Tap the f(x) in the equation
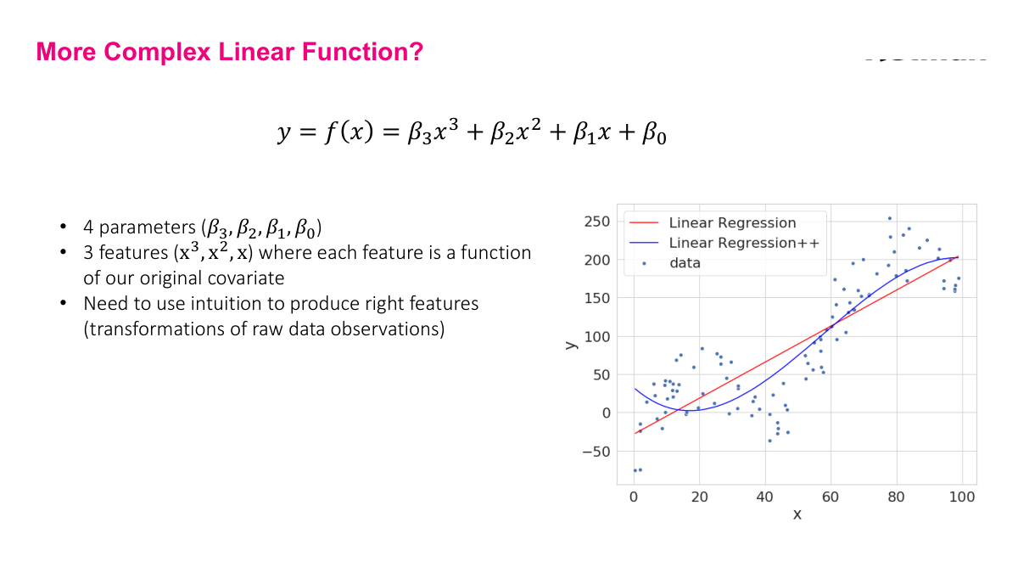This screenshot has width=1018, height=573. tap(350, 132)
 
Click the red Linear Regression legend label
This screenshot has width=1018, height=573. tap(732, 223)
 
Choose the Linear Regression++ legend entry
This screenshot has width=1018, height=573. tap(744, 243)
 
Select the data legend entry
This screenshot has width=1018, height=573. tap(685, 263)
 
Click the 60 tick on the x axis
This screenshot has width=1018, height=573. tap(831, 497)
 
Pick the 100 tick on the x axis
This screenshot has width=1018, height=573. tap(962, 497)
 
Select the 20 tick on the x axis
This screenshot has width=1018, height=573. tap(699, 497)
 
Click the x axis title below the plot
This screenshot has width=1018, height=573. tap(797, 514)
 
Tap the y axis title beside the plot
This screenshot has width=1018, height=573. tap(571, 342)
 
